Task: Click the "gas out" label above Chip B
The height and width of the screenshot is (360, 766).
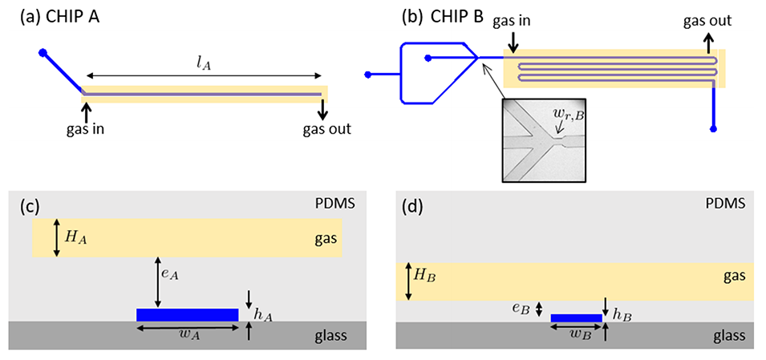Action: (707, 20)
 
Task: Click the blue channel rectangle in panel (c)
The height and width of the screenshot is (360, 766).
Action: (188, 314)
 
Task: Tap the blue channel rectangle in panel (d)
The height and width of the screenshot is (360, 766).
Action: (576, 318)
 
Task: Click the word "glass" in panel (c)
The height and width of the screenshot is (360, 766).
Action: (330, 335)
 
